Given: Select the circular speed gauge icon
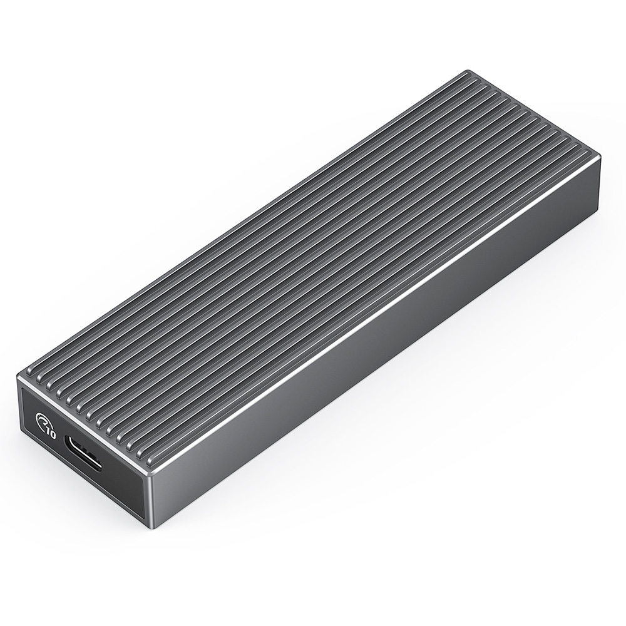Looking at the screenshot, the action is click(45, 424).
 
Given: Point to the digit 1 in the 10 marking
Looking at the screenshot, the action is click(48, 431).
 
